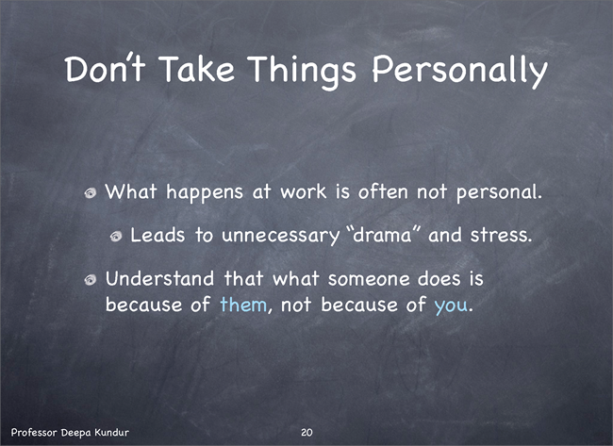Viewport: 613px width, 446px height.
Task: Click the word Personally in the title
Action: [x=460, y=71]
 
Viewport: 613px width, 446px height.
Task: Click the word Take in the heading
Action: [x=197, y=69]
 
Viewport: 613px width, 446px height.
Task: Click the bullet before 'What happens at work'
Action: [x=91, y=192]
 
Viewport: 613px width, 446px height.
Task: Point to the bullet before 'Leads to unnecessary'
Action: [x=116, y=236]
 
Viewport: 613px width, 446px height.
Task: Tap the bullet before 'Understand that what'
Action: [x=91, y=279]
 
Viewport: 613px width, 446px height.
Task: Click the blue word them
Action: [x=243, y=305]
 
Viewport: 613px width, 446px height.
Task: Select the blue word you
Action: [x=451, y=306]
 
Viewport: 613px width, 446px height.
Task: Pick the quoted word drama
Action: [x=383, y=235]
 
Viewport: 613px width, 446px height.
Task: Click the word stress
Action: [x=501, y=235]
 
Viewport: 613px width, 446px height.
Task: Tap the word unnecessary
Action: [x=280, y=236]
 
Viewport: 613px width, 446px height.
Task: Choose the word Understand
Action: [x=160, y=279]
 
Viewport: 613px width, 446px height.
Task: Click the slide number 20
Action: [x=306, y=432]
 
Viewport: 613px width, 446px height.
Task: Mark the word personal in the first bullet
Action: [x=499, y=193]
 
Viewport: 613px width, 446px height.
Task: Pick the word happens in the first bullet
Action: [x=205, y=193]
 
